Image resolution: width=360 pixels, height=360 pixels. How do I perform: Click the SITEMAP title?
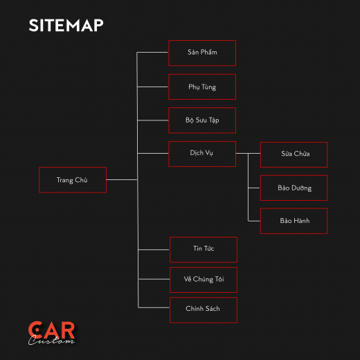click(x=66, y=25)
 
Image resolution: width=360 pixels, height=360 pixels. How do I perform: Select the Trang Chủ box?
click(x=73, y=180)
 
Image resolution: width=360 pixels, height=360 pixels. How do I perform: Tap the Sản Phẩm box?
click(x=202, y=53)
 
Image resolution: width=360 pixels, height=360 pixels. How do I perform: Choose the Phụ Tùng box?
click(x=202, y=87)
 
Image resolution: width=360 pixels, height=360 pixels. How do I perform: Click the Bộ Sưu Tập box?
click(x=202, y=120)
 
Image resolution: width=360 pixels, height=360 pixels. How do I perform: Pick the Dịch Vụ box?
click(x=202, y=154)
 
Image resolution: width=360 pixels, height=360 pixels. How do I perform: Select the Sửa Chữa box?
click(x=294, y=154)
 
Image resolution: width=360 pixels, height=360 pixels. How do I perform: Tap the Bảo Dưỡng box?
click(x=294, y=188)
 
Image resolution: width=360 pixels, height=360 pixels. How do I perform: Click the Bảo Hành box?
click(x=294, y=221)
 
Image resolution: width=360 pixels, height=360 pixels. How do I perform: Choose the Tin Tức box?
click(x=204, y=250)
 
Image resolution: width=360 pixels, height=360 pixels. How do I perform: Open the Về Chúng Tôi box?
click(x=204, y=280)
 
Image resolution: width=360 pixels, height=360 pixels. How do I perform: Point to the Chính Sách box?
click(x=204, y=310)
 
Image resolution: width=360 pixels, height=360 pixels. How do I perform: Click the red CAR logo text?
click(x=52, y=330)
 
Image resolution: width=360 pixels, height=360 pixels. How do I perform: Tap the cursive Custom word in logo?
click(x=51, y=340)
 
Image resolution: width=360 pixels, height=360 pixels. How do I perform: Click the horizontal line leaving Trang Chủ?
click(x=122, y=179)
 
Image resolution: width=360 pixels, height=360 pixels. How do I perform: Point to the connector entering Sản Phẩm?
click(x=152, y=53)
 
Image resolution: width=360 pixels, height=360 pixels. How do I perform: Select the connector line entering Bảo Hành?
click(x=254, y=221)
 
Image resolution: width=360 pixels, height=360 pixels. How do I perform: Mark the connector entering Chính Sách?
click(x=154, y=307)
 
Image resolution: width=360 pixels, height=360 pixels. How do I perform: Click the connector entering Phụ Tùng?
click(x=153, y=87)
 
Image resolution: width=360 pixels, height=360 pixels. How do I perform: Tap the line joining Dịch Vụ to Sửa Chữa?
click(x=248, y=153)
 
